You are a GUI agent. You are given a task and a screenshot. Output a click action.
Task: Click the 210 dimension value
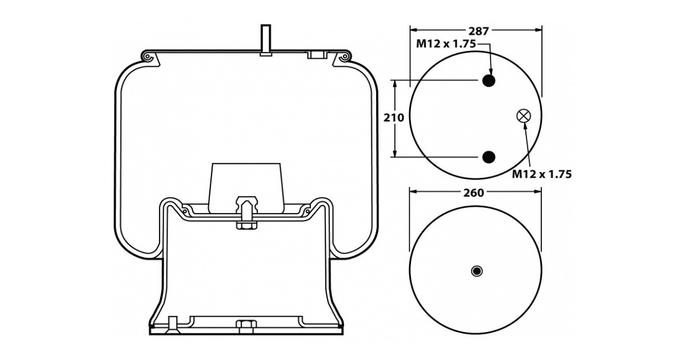tap(394, 118)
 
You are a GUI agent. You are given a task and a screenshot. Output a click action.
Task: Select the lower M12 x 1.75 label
tap(541, 174)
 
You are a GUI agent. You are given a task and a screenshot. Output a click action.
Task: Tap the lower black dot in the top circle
tap(488, 157)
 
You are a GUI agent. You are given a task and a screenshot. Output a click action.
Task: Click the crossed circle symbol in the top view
tap(523, 116)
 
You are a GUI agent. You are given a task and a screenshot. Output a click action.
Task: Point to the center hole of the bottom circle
tap(476, 270)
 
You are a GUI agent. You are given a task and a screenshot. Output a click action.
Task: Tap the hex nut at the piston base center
tap(246, 326)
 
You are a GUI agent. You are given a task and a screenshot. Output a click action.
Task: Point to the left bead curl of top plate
tap(147, 58)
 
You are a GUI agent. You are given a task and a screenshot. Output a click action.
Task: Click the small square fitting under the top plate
tap(315, 55)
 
